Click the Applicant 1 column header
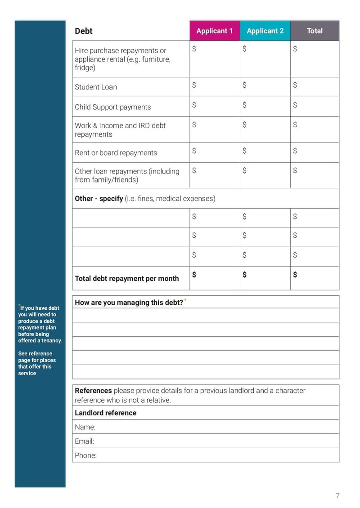215,31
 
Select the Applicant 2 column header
265,31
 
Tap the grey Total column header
315,31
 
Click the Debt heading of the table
84,31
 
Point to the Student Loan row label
96,87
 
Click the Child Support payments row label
113,107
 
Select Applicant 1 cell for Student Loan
215,87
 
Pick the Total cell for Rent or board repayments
315,152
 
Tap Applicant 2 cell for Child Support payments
265,107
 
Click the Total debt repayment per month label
127,278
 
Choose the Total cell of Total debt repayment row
315,278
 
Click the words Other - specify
99,198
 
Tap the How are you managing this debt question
129,303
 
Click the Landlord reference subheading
106,413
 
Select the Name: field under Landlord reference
206,427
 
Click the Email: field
206,441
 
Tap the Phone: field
206,455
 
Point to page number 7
337,496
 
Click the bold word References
93,391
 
